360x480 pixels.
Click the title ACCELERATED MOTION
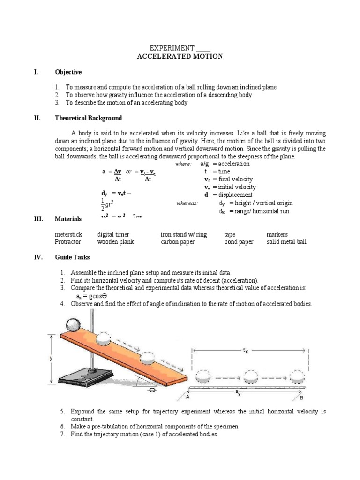(x=180, y=56)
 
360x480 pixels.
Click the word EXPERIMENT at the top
(x=172, y=48)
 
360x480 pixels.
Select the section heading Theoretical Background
(x=89, y=118)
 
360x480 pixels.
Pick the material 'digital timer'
(x=113, y=234)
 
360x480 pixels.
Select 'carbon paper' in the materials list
(x=177, y=242)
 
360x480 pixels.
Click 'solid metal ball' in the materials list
(x=286, y=242)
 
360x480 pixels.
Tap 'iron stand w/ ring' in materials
(x=183, y=234)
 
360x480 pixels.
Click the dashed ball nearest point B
(x=297, y=376)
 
